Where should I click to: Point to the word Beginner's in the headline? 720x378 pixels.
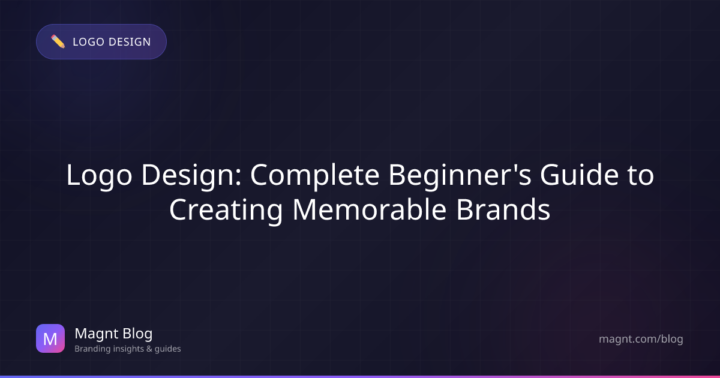click(x=454, y=176)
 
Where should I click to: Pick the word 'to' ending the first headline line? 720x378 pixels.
click(x=638, y=176)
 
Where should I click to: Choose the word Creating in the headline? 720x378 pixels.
click(x=226, y=210)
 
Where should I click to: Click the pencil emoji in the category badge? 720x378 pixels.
click(x=58, y=41)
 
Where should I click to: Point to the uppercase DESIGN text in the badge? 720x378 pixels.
click(x=129, y=42)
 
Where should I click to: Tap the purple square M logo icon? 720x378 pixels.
click(x=50, y=338)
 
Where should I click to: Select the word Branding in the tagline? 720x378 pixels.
click(x=91, y=349)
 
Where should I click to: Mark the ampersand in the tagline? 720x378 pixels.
click(x=148, y=349)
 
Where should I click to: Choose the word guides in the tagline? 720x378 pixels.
click(x=167, y=349)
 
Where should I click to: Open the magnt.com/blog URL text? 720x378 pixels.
click(x=641, y=339)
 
